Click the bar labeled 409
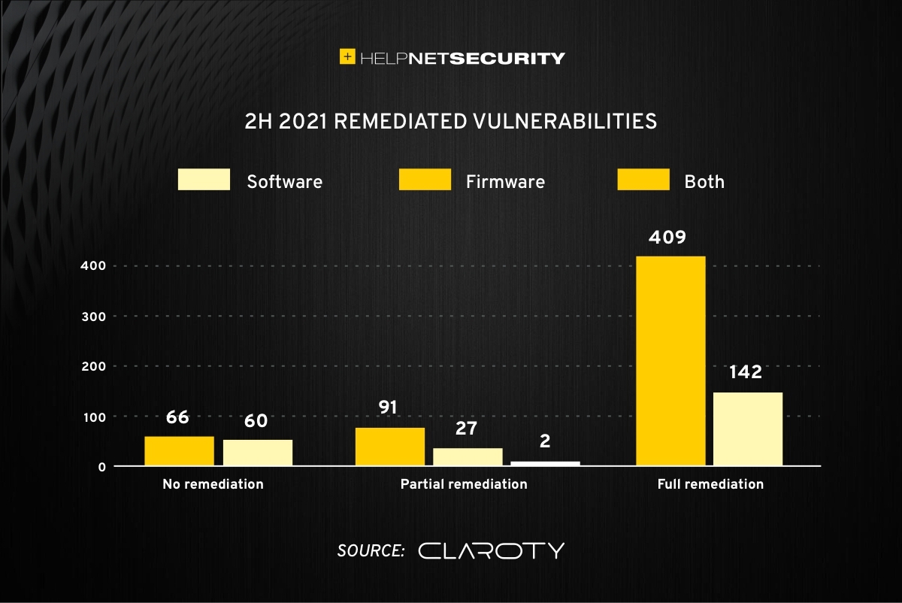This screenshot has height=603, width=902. tap(670, 361)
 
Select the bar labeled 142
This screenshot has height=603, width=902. tap(748, 429)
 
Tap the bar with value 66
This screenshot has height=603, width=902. tap(180, 451)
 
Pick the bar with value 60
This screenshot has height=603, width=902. tap(258, 453)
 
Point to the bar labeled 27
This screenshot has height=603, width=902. tap(468, 457)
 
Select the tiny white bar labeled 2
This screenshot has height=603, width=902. tap(546, 463)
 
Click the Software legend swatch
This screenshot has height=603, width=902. tap(204, 180)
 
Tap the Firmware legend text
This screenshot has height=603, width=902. tap(505, 181)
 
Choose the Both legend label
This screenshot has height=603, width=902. tap(704, 181)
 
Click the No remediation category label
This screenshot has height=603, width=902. tap(213, 484)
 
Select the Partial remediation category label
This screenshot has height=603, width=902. tap(464, 484)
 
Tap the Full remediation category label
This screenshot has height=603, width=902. tap(710, 484)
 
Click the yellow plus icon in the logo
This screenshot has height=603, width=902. tap(347, 56)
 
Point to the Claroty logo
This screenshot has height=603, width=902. tap(491, 550)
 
